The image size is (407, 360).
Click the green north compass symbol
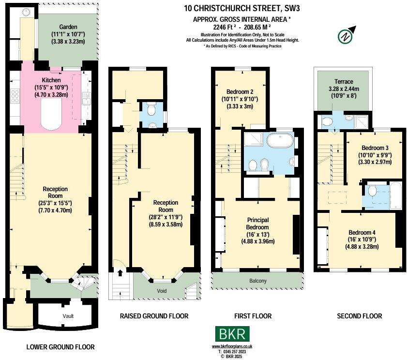coord(345,36)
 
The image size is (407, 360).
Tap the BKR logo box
coord(233,334)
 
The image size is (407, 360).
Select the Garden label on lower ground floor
coord(68,27)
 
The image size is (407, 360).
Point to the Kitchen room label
coord(51,80)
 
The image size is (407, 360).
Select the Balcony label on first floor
coord(257,281)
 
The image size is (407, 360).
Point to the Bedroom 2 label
coord(240,91)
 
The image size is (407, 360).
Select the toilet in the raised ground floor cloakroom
coord(151,111)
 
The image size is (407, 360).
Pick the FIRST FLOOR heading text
coord(252,316)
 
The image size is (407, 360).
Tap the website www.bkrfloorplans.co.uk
coord(232,347)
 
